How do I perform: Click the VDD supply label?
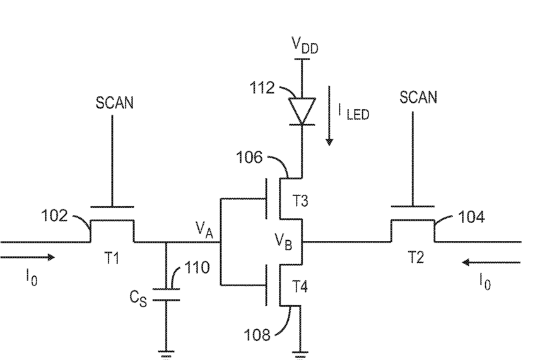click(x=305, y=45)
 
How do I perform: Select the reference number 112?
click(x=262, y=88)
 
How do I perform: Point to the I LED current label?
click(x=353, y=112)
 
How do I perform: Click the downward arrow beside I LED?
click(x=329, y=116)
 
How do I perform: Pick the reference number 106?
click(x=249, y=158)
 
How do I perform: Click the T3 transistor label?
click(x=300, y=200)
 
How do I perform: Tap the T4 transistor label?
click(x=300, y=287)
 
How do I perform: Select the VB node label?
click(x=283, y=241)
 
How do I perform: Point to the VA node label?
click(x=204, y=229)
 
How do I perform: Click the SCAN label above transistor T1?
click(x=114, y=103)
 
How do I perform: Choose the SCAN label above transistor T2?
click(x=418, y=98)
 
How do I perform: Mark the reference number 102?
click(x=54, y=216)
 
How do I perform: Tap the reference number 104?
click(x=471, y=217)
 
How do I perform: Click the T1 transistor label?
click(x=112, y=258)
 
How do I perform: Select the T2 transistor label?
click(x=416, y=257)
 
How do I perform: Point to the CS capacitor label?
click(x=138, y=299)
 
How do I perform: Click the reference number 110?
click(x=197, y=268)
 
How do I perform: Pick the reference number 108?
click(x=257, y=335)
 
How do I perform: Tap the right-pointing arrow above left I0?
click(x=27, y=257)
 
